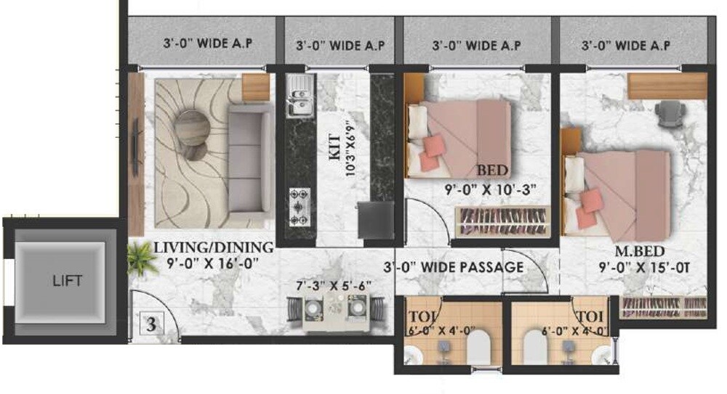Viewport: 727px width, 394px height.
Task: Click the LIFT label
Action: tap(67, 281)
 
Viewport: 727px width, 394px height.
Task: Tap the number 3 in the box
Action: tap(151, 324)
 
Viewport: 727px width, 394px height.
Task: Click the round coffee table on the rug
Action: tap(191, 128)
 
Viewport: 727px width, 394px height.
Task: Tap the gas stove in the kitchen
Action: tap(300, 206)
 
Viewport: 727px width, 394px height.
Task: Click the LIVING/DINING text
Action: tap(213, 247)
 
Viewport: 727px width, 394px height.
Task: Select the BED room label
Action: tap(491, 171)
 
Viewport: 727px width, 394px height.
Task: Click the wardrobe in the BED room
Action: tap(501, 221)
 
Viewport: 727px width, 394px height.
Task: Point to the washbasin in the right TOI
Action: tap(601, 356)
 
